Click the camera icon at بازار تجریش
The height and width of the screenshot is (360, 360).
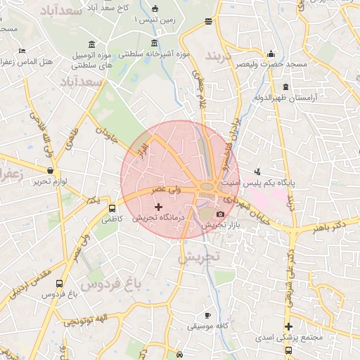click(220, 214)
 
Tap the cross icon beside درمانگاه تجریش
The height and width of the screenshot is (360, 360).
click(157, 207)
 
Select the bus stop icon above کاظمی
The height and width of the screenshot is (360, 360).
click(112, 208)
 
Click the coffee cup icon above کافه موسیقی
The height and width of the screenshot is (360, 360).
click(207, 315)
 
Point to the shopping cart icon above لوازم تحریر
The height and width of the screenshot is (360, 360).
click(50, 170)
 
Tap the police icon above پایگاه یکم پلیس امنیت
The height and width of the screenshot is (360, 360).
click(257, 171)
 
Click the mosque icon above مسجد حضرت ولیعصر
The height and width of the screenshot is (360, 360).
click(271, 53)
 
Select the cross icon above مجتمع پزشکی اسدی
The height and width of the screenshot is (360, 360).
click(288, 326)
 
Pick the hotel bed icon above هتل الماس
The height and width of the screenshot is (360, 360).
click(22, 51)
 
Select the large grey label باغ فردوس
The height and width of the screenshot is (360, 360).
click(110, 284)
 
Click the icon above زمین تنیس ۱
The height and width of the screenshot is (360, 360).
click(154, 10)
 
